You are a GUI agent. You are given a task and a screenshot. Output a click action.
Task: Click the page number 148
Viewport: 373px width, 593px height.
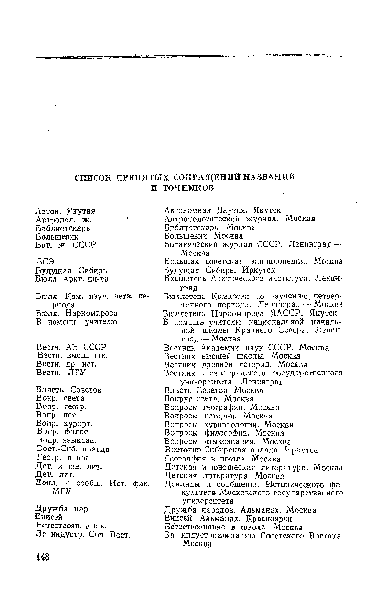[43, 558]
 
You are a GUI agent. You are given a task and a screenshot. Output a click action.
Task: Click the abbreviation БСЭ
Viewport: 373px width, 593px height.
[45, 262]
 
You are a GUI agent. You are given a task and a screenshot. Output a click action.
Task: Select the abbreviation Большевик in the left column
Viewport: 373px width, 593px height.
[57, 236]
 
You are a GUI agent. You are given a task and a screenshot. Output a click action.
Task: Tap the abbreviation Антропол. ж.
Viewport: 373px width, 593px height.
[64, 219]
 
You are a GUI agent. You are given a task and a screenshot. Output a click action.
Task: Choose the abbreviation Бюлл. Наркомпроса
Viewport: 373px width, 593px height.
[77, 313]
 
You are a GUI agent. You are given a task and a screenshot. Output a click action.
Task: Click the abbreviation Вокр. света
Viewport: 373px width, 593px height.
[60, 398]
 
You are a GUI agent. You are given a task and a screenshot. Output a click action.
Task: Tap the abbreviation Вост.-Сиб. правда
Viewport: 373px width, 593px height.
[73, 450]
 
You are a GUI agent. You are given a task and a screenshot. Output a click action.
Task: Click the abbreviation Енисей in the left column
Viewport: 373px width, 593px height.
[50, 518]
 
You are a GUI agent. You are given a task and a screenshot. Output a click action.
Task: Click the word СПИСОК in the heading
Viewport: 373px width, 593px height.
[96, 177]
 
